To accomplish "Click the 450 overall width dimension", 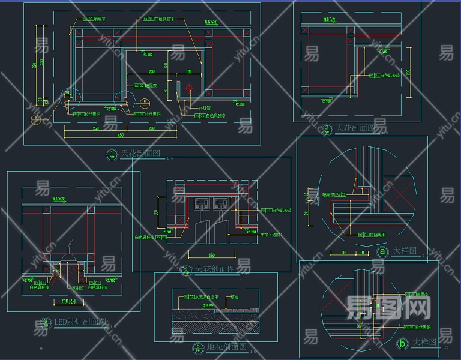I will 120,135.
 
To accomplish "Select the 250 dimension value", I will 95,128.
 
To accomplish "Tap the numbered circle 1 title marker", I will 112,154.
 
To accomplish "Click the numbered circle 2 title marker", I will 327,128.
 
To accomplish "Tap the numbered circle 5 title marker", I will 198,347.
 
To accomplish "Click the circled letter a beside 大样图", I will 382,252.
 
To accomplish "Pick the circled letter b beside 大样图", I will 403,344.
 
